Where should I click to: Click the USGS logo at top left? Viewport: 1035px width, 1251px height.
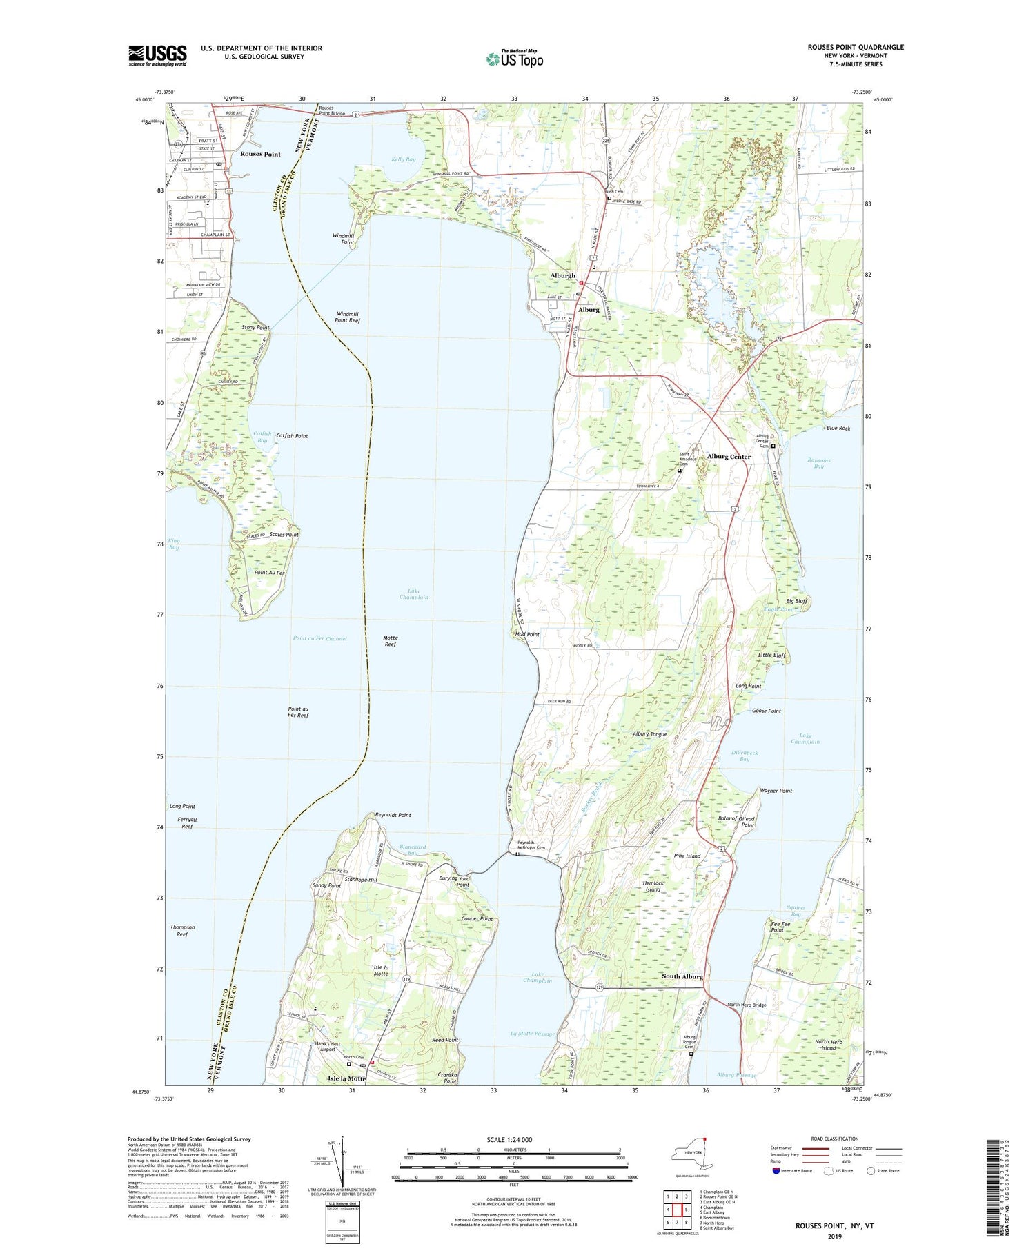[x=157, y=55]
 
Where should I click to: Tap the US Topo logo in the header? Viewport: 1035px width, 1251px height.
[x=514, y=59]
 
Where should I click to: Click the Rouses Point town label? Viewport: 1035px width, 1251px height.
[x=260, y=154]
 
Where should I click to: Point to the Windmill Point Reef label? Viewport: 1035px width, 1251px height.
[x=347, y=317]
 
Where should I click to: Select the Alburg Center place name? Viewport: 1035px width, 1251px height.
[x=729, y=457]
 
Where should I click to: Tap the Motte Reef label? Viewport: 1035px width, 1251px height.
[x=390, y=641]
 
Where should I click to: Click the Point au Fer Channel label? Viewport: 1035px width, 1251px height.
[x=319, y=639]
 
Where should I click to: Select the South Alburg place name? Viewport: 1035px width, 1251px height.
[x=682, y=976]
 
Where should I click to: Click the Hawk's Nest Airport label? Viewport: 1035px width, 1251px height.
[x=327, y=1047]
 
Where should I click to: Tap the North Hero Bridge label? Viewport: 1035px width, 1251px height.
[x=747, y=1005]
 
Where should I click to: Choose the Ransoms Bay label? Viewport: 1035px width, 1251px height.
[x=818, y=463]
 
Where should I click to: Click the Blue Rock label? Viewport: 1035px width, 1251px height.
[x=838, y=429]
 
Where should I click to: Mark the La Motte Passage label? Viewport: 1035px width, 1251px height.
[x=532, y=1033]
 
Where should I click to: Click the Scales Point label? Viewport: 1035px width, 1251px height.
[x=284, y=535]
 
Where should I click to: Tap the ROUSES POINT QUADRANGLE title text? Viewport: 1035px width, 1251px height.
[x=855, y=47]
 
